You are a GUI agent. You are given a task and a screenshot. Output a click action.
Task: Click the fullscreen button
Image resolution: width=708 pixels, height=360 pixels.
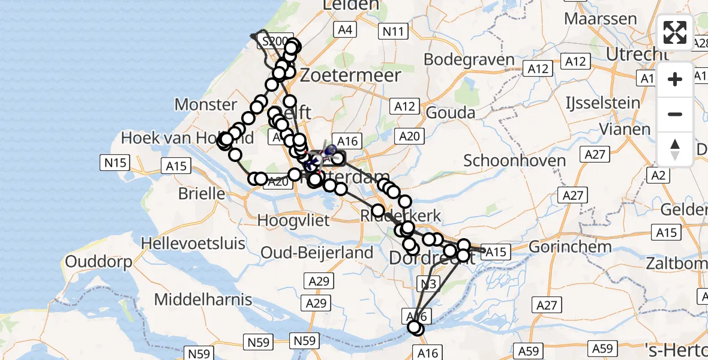675,32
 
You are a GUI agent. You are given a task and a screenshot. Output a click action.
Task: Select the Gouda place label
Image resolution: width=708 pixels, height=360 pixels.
450,113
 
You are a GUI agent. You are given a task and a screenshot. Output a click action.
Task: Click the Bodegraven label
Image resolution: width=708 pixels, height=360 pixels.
469,60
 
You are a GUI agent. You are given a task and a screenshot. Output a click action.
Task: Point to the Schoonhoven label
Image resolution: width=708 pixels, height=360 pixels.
515,161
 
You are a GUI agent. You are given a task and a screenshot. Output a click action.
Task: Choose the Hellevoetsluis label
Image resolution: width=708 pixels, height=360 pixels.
193,244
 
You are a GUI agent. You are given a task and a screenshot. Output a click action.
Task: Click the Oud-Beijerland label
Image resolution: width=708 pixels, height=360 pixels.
317,253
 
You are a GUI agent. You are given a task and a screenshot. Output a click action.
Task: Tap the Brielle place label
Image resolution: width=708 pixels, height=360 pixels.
202,194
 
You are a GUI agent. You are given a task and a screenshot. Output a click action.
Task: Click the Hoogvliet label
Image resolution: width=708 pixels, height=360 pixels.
293,220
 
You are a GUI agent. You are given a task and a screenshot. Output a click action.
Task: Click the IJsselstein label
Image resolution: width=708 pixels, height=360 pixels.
603,103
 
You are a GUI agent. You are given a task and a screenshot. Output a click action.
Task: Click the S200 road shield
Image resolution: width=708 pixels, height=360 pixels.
275,41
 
